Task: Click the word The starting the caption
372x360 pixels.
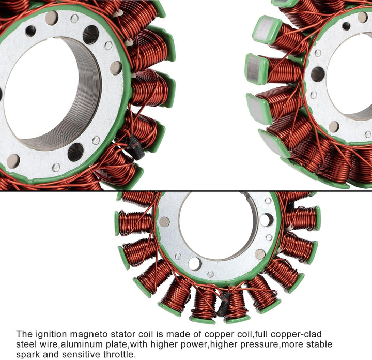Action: coord(24,334)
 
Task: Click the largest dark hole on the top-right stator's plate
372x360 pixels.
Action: coord(318,74)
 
